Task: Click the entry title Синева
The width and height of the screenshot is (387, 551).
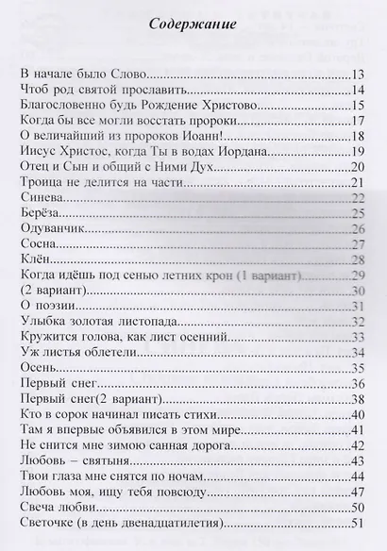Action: coord(41,197)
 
